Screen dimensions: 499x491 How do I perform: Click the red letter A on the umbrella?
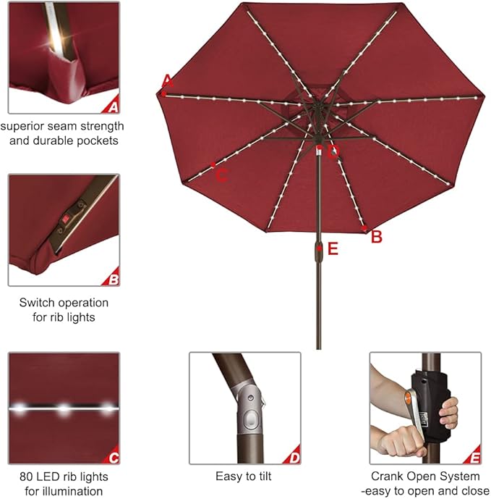click(x=168, y=80)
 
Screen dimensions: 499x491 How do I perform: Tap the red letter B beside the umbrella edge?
click(x=376, y=236)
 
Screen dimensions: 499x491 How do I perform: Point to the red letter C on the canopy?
click(x=223, y=174)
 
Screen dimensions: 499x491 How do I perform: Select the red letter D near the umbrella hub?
click(x=333, y=152)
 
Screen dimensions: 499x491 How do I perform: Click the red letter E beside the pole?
click(x=333, y=249)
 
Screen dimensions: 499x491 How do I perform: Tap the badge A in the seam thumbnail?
click(x=112, y=108)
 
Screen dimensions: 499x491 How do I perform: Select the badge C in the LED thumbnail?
click(x=113, y=458)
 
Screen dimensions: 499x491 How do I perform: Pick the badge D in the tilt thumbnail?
click(x=294, y=458)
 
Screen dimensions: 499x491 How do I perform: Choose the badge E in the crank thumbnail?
click(x=474, y=458)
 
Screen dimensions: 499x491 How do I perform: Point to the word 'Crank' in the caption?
click(x=388, y=477)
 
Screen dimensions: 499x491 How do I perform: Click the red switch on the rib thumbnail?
click(x=67, y=217)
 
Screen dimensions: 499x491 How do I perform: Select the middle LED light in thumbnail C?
click(x=64, y=409)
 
